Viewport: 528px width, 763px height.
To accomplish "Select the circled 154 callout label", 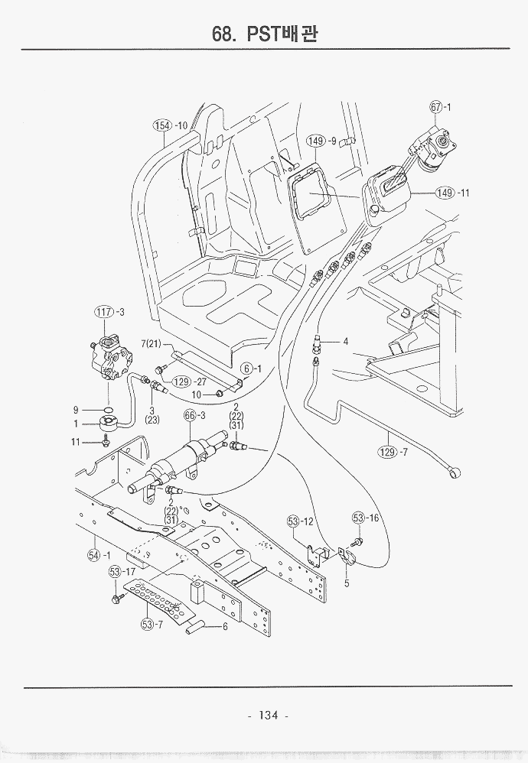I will tap(161, 125).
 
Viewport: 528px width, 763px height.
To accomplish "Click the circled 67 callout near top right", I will tap(436, 108).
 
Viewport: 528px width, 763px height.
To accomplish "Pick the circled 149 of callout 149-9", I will tap(315, 141).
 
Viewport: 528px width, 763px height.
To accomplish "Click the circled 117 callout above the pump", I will tap(103, 311).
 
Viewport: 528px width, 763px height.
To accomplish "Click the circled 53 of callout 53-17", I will tap(116, 571).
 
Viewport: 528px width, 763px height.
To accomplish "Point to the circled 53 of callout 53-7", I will tap(148, 625).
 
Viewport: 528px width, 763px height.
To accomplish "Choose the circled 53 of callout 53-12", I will tap(295, 521).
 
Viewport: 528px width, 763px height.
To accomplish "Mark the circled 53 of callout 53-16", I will tap(360, 518).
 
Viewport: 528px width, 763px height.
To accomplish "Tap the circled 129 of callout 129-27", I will tap(181, 381).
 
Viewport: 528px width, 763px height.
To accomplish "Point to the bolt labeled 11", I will tap(106, 442).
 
